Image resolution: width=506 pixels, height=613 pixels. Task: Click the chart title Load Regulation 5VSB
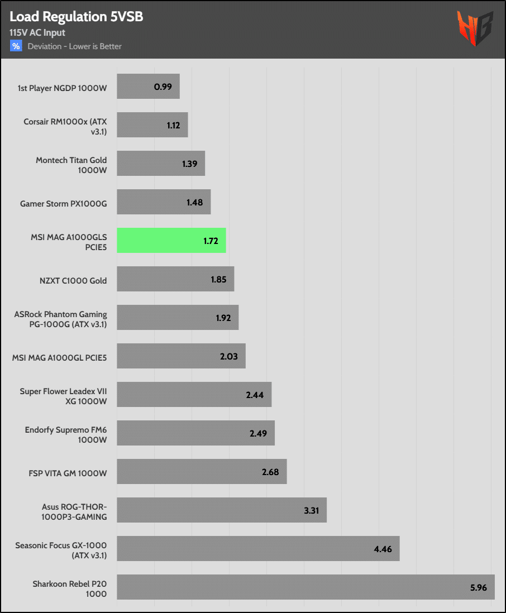tap(77, 17)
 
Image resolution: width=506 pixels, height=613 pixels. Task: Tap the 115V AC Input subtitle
tap(37, 33)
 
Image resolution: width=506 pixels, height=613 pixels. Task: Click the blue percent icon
tap(16, 46)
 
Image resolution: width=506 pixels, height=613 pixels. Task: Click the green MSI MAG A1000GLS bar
tap(171, 241)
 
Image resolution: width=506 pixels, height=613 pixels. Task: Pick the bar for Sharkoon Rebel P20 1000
tap(305, 587)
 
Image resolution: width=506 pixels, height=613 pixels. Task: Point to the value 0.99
tap(163, 87)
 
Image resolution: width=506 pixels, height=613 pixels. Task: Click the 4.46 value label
tap(383, 549)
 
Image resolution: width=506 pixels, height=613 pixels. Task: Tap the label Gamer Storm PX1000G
tap(63, 204)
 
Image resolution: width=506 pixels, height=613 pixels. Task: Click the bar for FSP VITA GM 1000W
tap(202, 472)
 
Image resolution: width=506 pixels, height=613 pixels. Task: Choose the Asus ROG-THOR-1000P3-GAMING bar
tap(221, 510)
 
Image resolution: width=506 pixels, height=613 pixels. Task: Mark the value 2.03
tap(228, 357)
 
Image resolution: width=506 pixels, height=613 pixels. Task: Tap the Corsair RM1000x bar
tap(152, 125)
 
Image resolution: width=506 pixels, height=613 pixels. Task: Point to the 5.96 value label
tap(478, 588)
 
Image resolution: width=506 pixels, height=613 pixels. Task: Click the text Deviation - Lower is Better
tap(75, 46)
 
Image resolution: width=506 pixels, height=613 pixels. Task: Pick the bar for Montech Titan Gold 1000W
tap(161, 164)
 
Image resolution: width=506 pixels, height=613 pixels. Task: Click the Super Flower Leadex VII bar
tap(194, 395)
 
